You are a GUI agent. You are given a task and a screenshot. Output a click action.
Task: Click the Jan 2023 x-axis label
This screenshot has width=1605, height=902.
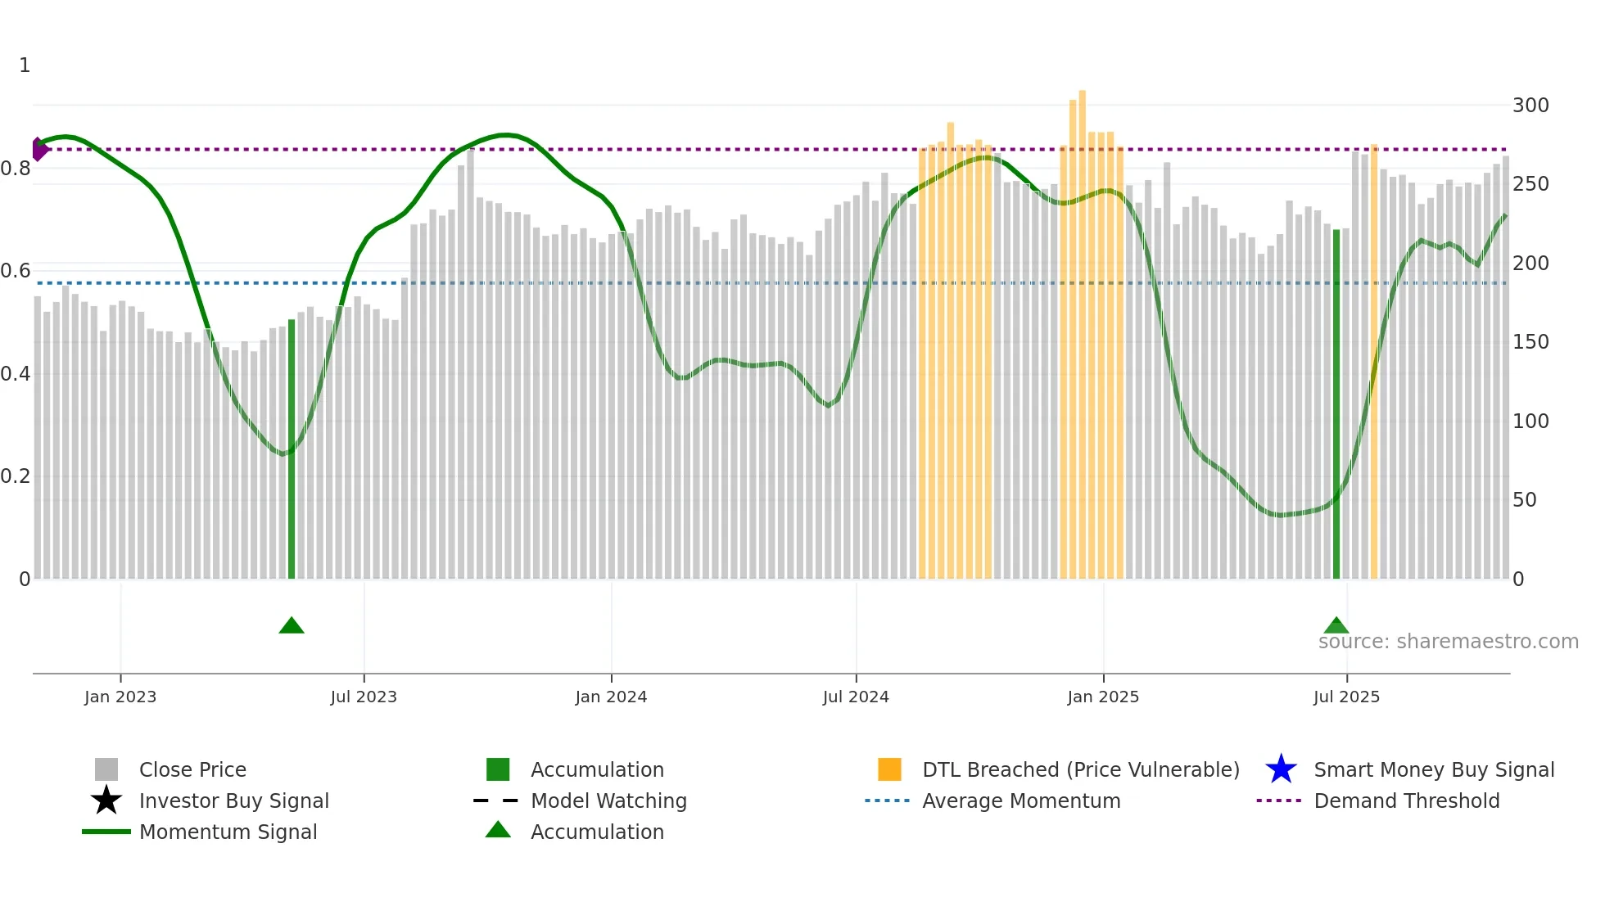coord(120,697)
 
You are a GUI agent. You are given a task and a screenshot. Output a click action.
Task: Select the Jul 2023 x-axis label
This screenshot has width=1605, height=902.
coord(364,697)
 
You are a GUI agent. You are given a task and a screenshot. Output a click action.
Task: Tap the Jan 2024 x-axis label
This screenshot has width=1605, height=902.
coord(611,697)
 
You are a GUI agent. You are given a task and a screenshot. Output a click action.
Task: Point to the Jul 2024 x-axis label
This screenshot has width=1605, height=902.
coord(856,697)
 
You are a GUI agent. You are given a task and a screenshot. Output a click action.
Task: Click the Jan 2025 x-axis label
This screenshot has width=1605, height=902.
coord(1103,697)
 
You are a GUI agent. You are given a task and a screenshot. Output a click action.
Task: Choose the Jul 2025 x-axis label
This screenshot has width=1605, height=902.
coord(1346,697)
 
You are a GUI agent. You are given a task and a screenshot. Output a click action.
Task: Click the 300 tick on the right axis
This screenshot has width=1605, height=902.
coord(1530,106)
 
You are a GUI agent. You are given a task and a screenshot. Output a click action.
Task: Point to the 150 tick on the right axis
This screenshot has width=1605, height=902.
coord(1530,342)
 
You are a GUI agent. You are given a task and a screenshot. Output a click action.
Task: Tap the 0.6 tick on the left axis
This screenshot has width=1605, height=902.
coord(16,271)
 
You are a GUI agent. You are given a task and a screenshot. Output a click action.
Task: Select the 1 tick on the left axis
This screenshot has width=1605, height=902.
coord(25,65)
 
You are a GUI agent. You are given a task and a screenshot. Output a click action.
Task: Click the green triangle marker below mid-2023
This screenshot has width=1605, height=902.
coord(292,626)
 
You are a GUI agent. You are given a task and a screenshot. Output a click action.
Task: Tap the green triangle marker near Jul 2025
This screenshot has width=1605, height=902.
coord(1336,626)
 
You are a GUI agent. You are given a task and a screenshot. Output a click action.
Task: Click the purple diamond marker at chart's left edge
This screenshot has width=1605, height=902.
coord(38,149)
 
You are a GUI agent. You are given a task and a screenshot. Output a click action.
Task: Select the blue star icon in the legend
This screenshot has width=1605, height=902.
coord(1281,769)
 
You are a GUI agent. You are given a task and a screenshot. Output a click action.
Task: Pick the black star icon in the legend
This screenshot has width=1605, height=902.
coord(106,801)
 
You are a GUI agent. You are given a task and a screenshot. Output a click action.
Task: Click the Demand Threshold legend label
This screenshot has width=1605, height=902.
coord(1406,801)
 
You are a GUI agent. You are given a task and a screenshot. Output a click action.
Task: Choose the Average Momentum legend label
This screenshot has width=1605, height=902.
coord(1021,801)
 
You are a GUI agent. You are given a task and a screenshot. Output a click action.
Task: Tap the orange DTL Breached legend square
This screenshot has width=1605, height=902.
coord(889,769)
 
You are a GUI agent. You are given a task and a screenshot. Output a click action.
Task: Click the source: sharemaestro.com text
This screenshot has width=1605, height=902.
coord(1448,642)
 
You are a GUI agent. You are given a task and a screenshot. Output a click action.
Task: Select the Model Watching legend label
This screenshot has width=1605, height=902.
coord(608,801)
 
